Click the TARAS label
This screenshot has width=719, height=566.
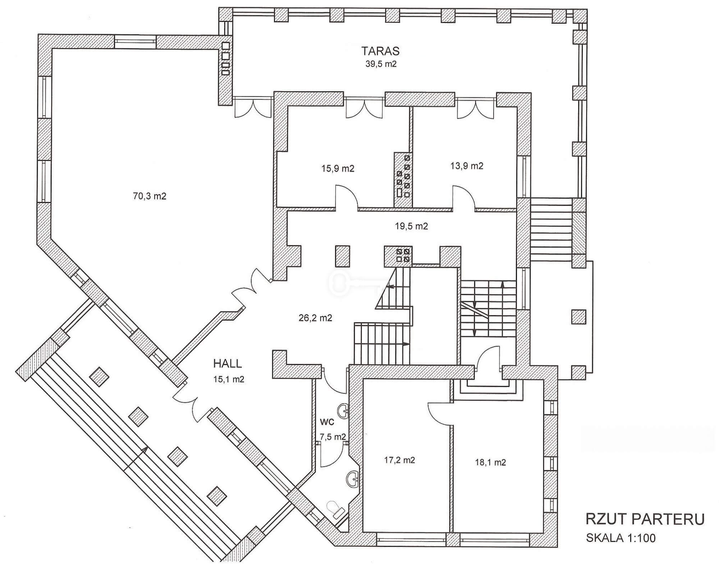pyautogui.click(x=381, y=51)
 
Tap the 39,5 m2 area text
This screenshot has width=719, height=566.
pyautogui.click(x=381, y=64)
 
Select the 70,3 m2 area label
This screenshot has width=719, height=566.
pyautogui.click(x=150, y=196)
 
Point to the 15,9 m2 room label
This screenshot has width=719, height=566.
pyautogui.click(x=338, y=168)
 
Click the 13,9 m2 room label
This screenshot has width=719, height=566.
pyautogui.click(x=467, y=166)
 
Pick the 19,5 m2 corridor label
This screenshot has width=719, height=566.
pyautogui.click(x=411, y=226)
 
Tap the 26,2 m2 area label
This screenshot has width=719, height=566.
pyautogui.click(x=315, y=318)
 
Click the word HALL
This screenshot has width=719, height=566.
pyautogui.click(x=228, y=363)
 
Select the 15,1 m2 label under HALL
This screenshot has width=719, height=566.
pyautogui.click(x=229, y=379)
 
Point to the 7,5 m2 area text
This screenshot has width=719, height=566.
pyautogui.click(x=333, y=437)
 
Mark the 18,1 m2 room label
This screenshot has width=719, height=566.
pyautogui.click(x=490, y=462)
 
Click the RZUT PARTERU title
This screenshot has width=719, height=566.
pyautogui.click(x=645, y=520)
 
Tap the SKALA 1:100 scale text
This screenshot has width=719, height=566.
pyautogui.click(x=621, y=538)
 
